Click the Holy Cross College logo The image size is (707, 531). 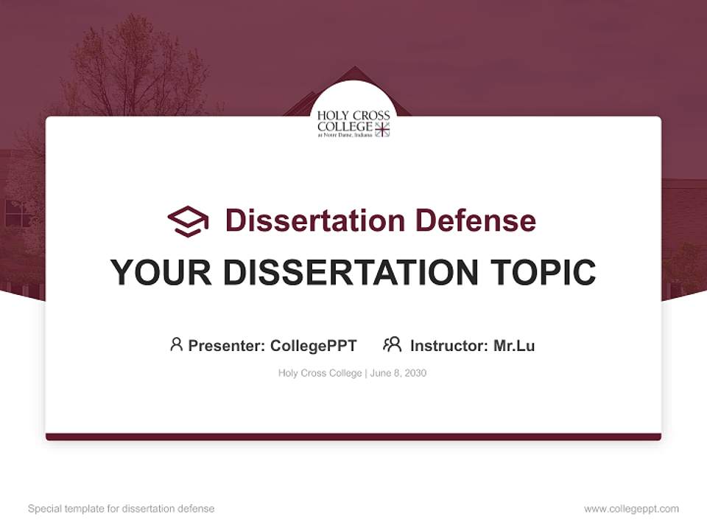click(x=353, y=123)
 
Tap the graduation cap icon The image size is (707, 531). click(x=188, y=221)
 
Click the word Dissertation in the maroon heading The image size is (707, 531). click(x=314, y=221)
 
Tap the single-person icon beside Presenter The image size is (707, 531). click(x=176, y=344)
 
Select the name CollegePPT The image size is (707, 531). click(x=313, y=345)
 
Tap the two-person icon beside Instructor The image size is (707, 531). click(x=392, y=344)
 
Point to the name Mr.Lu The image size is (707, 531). click(x=514, y=345)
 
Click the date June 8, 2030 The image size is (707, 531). click(x=398, y=373)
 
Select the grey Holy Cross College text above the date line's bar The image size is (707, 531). click(x=320, y=373)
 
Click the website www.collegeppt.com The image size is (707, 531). click(x=631, y=509)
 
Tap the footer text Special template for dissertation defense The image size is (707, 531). click(x=122, y=509)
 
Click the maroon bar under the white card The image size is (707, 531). click(x=353, y=437)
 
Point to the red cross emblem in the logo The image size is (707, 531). click(x=382, y=130)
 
